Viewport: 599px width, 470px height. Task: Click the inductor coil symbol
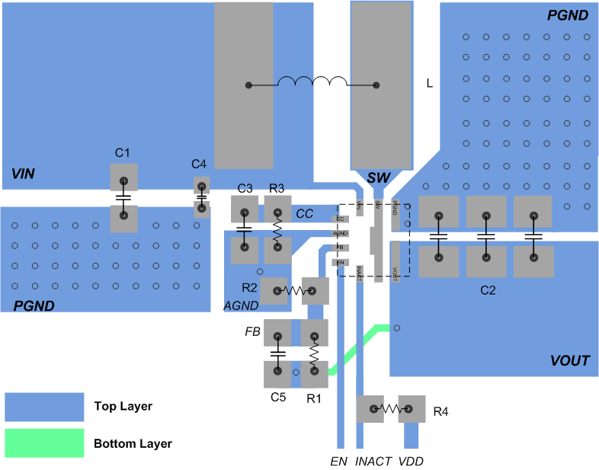(x=312, y=82)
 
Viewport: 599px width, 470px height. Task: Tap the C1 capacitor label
(x=123, y=153)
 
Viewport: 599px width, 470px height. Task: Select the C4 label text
(x=199, y=164)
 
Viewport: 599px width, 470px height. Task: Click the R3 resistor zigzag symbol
(x=277, y=229)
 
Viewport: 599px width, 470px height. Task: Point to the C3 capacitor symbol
(x=244, y=228)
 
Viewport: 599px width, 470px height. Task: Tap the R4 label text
(x=441, y=412)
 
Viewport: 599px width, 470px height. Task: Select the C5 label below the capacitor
(x=277, y=397)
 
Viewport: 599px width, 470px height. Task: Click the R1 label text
(x=314, y=397)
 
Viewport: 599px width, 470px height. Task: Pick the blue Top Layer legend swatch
(x=44, y=407)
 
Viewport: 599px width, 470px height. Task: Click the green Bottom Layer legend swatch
(x=44, y=443)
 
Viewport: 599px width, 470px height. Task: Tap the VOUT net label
(x=569, y=360)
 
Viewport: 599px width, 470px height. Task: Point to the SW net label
(x=378, y=178)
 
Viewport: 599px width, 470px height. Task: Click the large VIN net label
(x=23, y=174)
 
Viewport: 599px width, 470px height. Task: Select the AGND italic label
(x=241, y=305)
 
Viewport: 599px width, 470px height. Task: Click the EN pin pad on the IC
(x=341, y=263)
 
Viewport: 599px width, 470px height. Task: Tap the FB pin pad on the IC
(x=341, y=248)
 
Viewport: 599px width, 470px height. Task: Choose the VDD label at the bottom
(x=411, y=461)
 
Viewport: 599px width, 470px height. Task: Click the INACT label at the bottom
(x=373, y=461)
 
